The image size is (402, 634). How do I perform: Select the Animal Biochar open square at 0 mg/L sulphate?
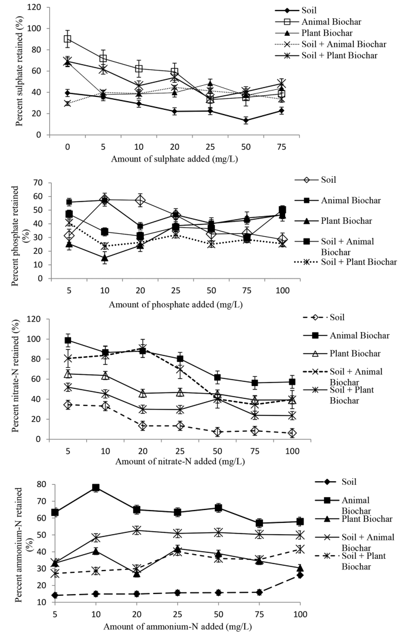(x=67, y=39)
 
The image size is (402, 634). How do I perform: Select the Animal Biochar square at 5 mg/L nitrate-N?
(x=68, y=340)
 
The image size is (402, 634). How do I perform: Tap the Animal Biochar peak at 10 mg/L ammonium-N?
(x=95, y=488)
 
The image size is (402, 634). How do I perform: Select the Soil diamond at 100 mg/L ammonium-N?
(x=300, y=575)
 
